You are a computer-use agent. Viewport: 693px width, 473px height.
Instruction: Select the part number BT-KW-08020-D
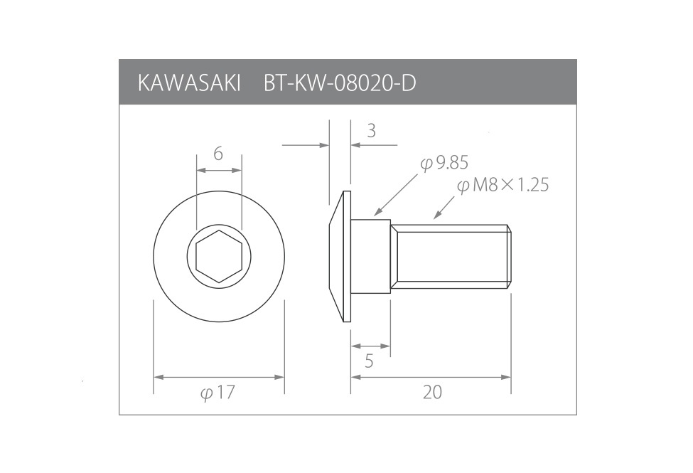340,83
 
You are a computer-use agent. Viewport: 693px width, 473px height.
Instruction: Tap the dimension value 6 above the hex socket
218,154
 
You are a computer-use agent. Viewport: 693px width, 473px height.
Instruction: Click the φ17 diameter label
218,393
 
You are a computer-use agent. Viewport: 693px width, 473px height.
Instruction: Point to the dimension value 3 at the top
371,130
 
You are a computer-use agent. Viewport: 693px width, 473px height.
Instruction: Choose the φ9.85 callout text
444,163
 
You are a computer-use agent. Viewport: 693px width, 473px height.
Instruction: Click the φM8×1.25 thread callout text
503,186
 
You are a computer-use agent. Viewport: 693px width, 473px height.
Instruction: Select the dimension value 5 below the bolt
369,361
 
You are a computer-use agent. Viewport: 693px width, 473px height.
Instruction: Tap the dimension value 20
432,392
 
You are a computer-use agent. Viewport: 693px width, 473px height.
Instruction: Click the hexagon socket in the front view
219,257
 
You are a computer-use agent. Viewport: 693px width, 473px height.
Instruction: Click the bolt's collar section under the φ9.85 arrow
371,257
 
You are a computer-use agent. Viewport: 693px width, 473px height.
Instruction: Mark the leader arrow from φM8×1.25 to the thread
444,206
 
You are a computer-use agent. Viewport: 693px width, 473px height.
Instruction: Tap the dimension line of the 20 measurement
431,377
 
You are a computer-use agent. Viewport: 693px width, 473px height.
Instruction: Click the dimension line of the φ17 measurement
219,377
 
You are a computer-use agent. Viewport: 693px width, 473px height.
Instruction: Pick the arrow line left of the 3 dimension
306,145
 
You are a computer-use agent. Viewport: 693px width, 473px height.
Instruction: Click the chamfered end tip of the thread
509,257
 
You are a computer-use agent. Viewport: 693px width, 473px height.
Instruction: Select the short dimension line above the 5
370,346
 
